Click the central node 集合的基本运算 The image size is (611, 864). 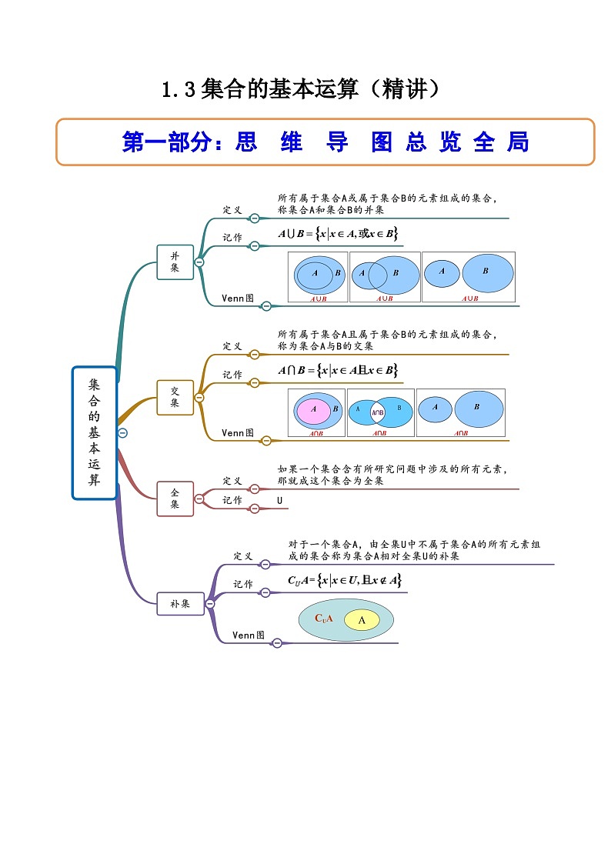tap(94, 432)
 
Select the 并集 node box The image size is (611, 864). tap(175, 262)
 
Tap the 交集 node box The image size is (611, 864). tap(175, 397)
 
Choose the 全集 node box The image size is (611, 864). tap(175, 499)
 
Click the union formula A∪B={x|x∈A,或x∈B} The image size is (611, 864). tap(338, 233)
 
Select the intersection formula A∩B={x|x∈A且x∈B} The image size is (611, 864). tap(338, 370)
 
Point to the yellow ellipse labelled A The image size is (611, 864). tap(362, 620)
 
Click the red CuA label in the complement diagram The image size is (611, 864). tap(323, 618)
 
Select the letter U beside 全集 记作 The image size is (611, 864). tap(280, 501)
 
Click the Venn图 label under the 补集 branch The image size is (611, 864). tap(249, 635)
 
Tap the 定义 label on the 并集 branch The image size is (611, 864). tap(232, 209)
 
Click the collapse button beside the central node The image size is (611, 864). tap(122, 432)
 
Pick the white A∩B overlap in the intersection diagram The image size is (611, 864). tap(378, 413)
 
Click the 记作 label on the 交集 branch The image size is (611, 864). tap(232, 375)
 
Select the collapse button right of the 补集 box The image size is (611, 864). tap(209, 605)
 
